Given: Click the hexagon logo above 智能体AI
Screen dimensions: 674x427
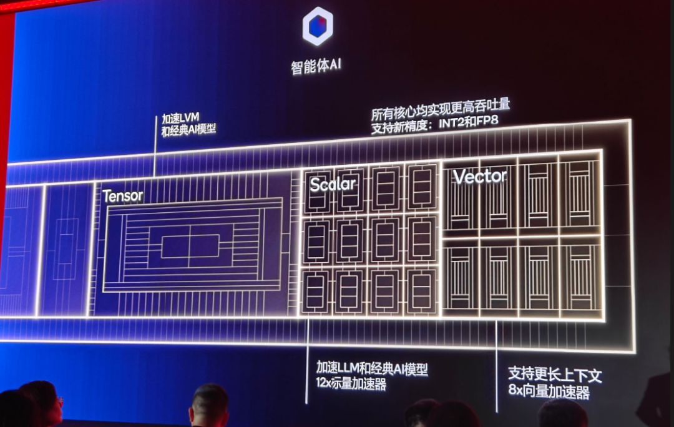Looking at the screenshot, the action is [318, 27].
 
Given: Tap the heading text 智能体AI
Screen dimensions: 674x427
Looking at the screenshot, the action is [316, 66].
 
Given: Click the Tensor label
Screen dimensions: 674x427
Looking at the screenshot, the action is [123, 196].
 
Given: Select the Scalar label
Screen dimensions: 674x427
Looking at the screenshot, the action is [333, 184].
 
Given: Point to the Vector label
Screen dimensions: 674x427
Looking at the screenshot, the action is [480, 177].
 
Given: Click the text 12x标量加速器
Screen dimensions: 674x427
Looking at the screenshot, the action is [351, 384].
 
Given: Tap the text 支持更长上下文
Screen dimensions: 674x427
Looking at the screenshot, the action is [554, 375].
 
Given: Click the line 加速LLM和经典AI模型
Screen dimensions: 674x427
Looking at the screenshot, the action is [372, 368].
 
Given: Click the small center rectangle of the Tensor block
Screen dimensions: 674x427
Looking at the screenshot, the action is [190, 247].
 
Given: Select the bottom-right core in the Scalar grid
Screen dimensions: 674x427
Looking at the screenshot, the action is [421, 291].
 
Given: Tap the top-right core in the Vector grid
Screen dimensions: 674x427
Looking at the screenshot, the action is [580, 194].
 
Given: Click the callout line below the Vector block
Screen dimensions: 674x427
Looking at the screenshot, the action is [497, 368].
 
